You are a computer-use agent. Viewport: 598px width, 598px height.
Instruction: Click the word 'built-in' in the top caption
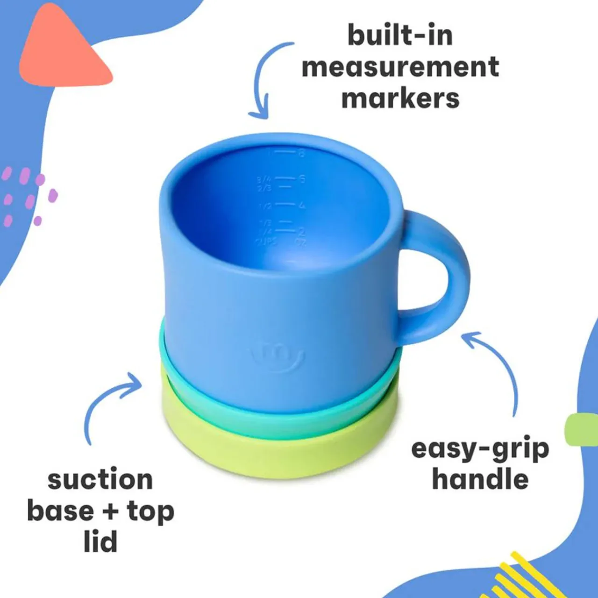pos(400,36)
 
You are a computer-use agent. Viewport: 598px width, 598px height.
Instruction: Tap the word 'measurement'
pos(400,67)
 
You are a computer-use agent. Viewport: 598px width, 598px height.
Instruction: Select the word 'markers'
pos(400,99)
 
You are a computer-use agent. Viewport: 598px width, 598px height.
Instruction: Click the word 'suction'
pos(100,480)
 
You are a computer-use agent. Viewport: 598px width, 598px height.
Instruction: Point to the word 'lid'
pos(100,542)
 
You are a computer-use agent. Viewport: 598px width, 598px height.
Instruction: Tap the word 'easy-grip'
pos(480,449)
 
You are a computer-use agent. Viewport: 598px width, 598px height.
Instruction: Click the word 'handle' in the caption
pos(480,480)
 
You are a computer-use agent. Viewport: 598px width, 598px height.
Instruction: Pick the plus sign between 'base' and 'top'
pos(110,512)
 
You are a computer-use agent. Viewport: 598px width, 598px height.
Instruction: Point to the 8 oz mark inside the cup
pos(301,153)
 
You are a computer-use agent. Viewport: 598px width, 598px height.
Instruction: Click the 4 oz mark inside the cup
pos(301,205)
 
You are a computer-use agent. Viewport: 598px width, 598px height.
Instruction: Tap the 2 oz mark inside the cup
pos(301,231)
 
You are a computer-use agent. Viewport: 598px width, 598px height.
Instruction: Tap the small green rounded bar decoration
pos(581,429)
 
